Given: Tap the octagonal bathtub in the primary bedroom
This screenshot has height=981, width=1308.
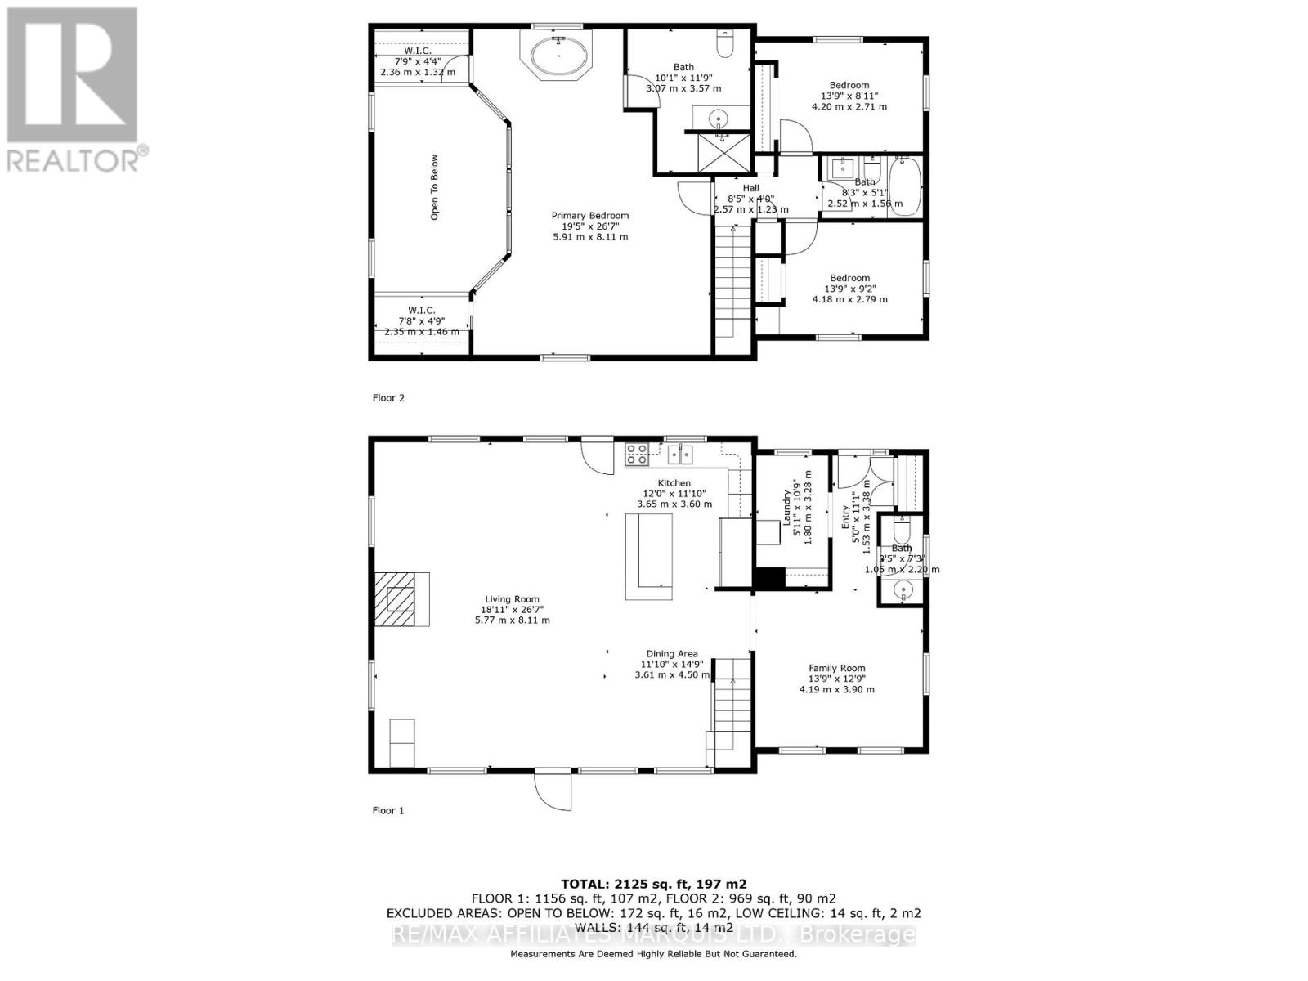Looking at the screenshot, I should [559, 56].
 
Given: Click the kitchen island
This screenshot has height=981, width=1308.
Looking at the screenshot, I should [649, 556].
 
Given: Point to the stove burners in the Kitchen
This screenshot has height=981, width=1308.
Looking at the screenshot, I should [637, 454].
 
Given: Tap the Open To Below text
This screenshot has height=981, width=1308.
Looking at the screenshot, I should [435, 187].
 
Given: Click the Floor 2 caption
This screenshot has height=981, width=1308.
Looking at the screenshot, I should [388, 398].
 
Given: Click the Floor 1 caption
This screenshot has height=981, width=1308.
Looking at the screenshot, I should [388, 810].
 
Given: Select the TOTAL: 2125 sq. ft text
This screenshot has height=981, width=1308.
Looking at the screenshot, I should [653, 884].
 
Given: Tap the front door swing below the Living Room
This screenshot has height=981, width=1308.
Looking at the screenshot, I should [552, 789].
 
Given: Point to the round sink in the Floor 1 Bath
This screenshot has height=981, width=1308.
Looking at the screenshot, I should [903, 589].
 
